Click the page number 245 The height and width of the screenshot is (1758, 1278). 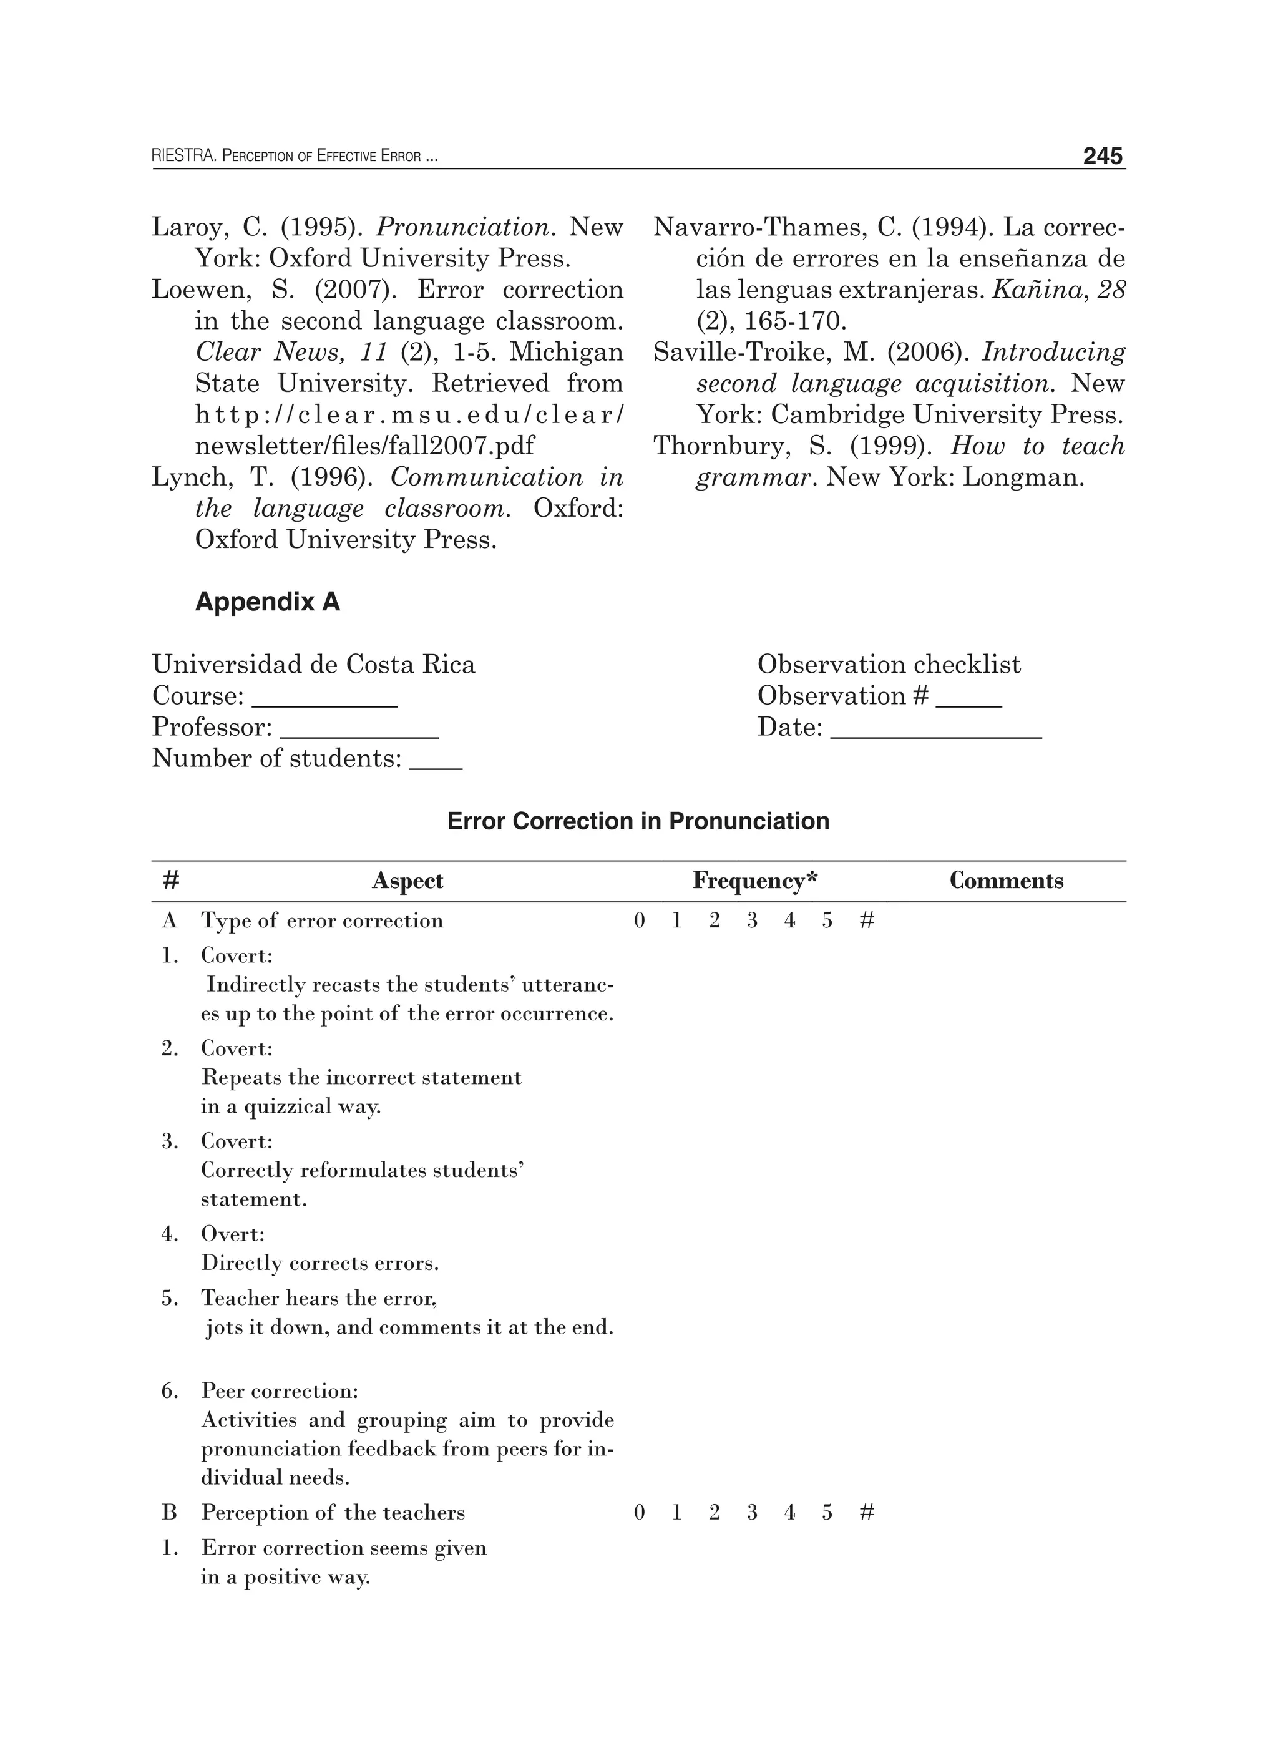(x=1102, y=157)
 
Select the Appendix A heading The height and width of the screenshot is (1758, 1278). (x=267, y=602)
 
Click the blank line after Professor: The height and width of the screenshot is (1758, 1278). (x=359, y=733)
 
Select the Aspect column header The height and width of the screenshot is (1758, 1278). (x=407, y=881)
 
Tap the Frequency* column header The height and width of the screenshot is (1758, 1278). (x=755, y=881)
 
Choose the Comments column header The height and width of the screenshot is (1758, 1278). (x=1006, y=881)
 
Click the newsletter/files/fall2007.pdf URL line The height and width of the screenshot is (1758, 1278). (x=364, y=446)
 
